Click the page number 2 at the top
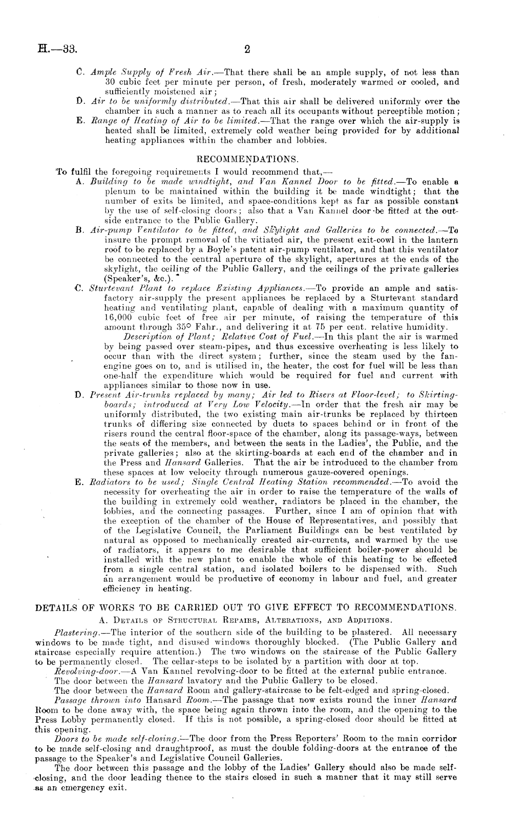point(247,49)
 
